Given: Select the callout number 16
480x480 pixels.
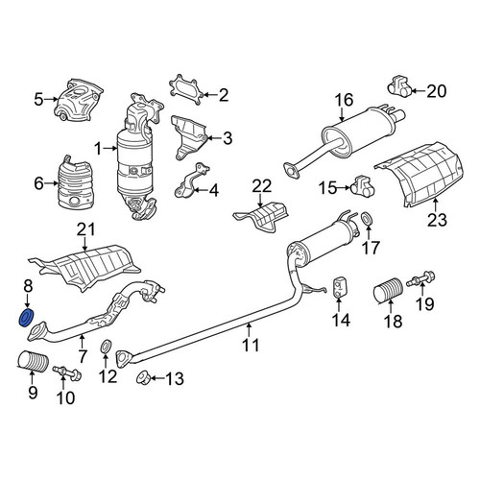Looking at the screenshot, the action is (344, 100).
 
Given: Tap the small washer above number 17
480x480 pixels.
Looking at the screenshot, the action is (367, 219).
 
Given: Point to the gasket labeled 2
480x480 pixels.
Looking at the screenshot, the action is (185, 89).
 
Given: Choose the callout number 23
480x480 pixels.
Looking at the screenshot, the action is (437, 220).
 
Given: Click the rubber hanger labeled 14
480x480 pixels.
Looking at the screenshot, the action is (339, 286).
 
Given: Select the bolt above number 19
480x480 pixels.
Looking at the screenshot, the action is (421, 278).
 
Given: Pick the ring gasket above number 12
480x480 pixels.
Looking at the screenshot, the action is (106, 347).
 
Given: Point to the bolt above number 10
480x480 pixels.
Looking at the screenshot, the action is (66, 372).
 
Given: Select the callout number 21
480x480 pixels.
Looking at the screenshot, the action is (86, 229).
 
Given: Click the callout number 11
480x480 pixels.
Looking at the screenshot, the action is (251, 346).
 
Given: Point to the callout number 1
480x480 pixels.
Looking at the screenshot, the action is (98, 149).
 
